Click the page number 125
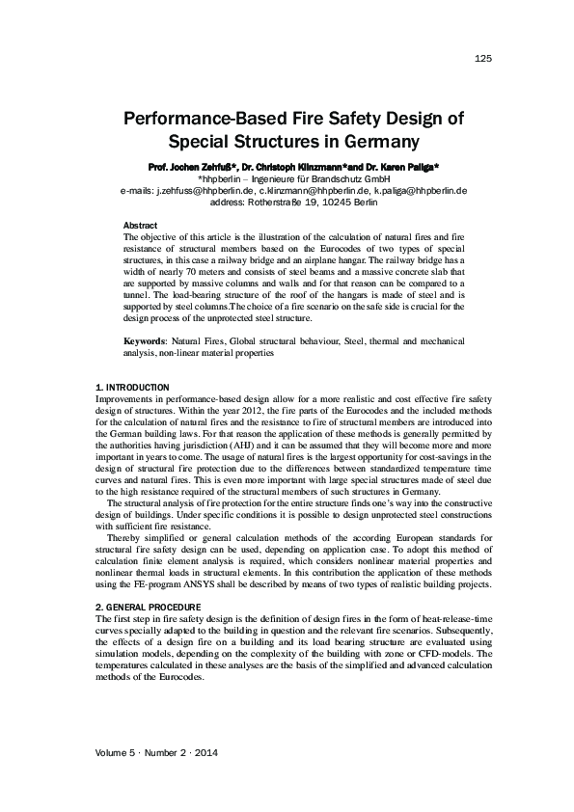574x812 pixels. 484,59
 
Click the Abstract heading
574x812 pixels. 140,225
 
